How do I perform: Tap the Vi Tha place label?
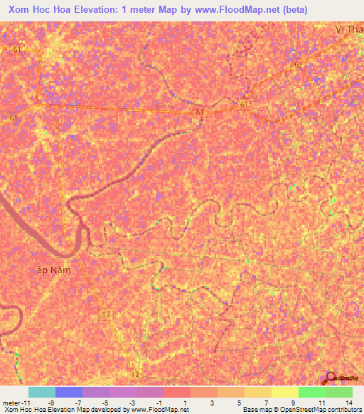point(349,31)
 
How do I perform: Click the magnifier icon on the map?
point(329,378)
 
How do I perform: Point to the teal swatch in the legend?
point(42,392)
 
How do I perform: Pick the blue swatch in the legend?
point(69,392)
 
